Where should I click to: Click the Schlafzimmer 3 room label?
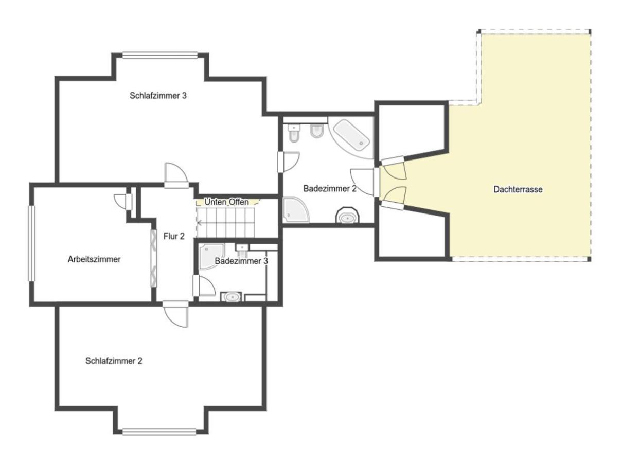158,96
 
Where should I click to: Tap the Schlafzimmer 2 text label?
114,361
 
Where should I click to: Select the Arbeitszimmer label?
94,259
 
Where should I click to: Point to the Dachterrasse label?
518,189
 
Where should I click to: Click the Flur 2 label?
174,236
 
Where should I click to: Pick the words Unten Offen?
226,202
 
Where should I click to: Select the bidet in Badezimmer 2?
317,131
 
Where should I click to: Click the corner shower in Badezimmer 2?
295,210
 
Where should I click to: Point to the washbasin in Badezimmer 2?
347,216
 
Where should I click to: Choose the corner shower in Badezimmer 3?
211,256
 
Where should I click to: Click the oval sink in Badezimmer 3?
231,297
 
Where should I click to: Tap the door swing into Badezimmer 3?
204,285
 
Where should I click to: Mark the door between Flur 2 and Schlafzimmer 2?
176,314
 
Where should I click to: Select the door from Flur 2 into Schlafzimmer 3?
176,175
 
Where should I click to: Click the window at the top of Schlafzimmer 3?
160,55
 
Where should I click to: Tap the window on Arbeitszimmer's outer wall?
32,243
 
